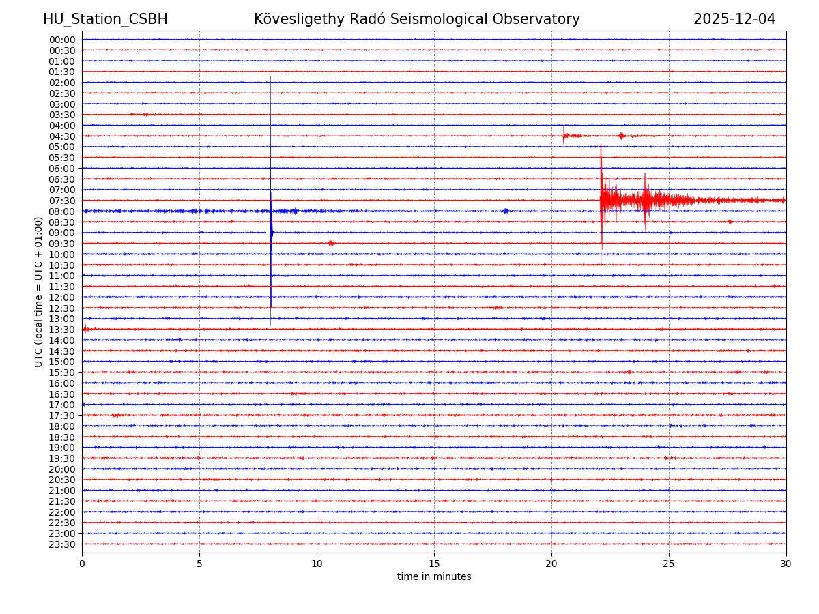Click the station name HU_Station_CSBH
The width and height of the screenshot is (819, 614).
(x=105, y=19)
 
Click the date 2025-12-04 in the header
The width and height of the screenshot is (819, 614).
(x=734, y=19)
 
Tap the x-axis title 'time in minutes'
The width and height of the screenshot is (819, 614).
(x=434, y=577)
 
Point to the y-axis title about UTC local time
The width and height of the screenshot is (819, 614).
(x=39, y=291)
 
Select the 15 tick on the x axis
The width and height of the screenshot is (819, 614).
(x=434, y=564)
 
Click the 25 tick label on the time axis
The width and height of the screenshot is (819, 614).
(x=669, y=564)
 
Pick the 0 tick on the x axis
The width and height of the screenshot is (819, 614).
(x=82, y=564)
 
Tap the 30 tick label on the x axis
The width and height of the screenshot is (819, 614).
(x=786, y=564)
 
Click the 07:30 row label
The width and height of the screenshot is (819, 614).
(x=62, y=201)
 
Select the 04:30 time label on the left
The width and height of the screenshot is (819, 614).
(x=62, y=136)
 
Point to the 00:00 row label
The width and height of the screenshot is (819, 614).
(x=62, y=40)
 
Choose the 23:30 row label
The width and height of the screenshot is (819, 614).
(x=62, y=544)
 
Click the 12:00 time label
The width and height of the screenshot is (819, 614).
(x=62, y=297)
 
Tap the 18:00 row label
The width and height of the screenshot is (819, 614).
(x=62, y=426)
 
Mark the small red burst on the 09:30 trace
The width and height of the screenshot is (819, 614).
(x=331, y=243)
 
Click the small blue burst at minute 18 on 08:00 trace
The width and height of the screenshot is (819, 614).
(x=505, y=211)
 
